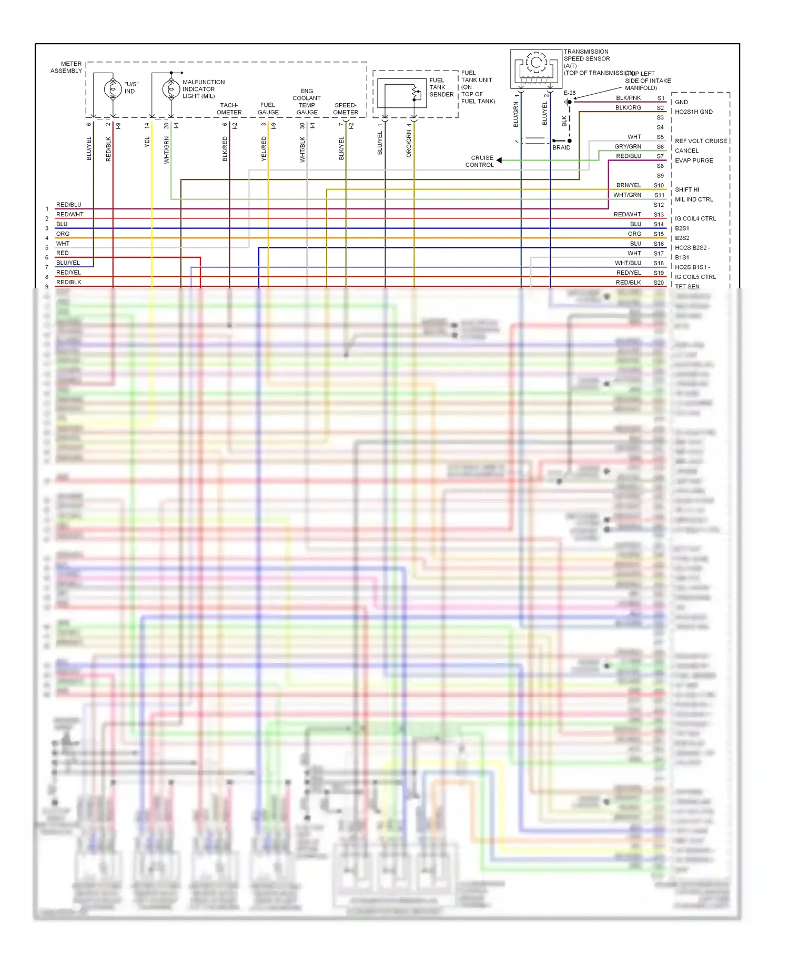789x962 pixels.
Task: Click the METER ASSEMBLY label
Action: [x=66, y=67]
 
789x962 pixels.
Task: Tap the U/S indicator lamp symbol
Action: [x=113, y=89]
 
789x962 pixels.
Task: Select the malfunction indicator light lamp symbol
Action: [x=171, y=89]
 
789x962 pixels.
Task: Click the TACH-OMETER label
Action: [x=229, y=109]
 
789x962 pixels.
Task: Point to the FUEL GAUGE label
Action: [x=268, y=109]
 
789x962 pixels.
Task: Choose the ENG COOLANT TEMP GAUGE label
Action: [x=307, y=102]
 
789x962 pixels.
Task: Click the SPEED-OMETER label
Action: [x=346, y=109]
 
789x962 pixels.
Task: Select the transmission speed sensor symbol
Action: [x=535, y=68]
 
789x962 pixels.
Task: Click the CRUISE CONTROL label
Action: [x=479, y=161]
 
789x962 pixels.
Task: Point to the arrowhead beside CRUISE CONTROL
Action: [x=499, y=160]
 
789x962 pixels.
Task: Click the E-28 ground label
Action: [x=569, y=93]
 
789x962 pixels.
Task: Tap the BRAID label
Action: [x=561, y=147]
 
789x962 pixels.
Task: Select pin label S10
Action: [x=659, y=185]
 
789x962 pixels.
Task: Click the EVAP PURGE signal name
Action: [x=694, y=161]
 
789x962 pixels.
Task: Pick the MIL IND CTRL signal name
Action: [x=694, y=199]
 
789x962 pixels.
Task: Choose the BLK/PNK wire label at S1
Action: [x=628, y=98]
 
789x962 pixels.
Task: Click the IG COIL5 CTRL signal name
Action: [x=695, y=277]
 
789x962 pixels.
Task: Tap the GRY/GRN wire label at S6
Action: [x=628, y=146]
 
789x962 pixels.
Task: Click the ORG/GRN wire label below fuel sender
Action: [x=409, y=144]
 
